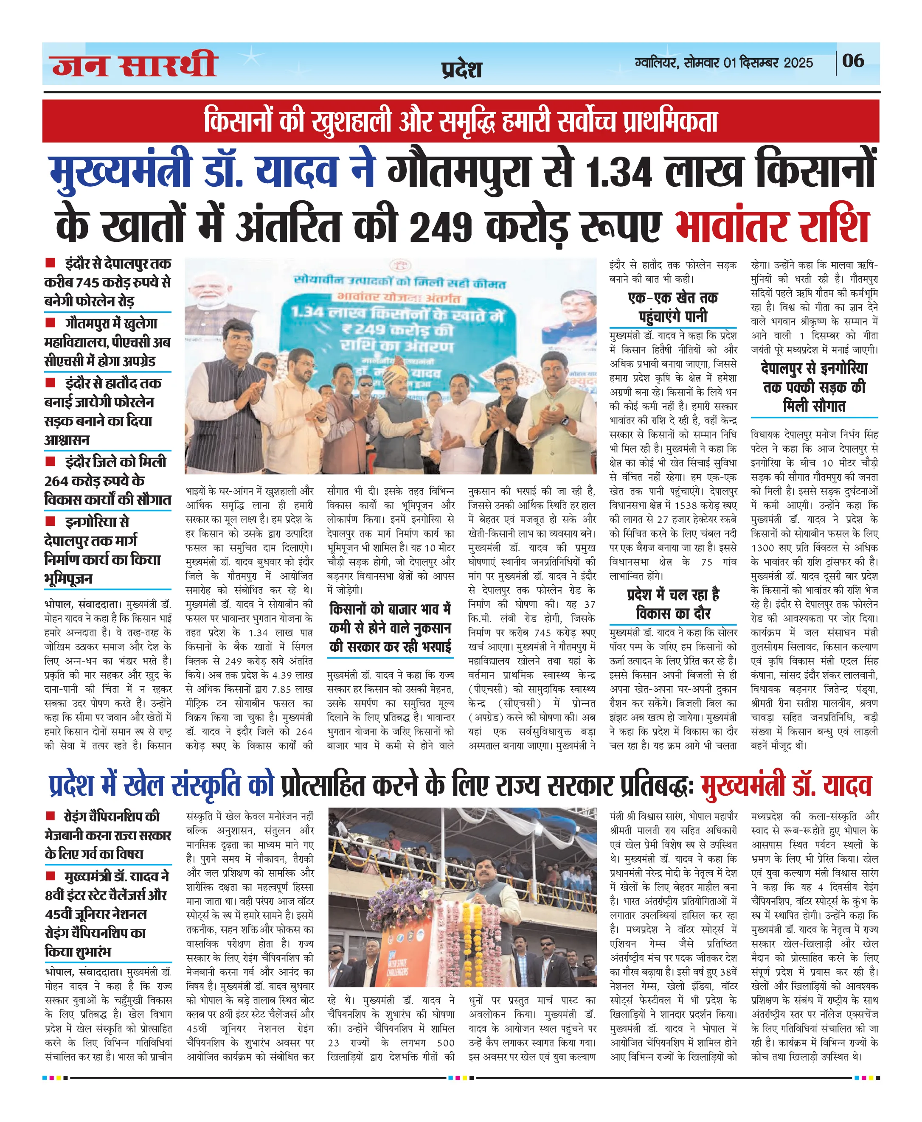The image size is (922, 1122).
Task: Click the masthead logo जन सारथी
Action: pos(135,65)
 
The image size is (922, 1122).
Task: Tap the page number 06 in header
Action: pos(853,61)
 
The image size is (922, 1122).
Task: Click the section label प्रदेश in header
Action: pos(461,70)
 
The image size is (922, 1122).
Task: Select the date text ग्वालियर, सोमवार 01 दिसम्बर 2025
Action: pos(723,63)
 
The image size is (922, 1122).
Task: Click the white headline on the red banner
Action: pos(461,121)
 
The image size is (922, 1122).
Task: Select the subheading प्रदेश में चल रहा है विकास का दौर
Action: pos(672,604)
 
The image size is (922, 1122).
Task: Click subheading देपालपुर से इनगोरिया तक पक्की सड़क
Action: pos(814,387)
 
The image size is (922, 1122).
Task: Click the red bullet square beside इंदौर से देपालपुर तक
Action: pos(51,262)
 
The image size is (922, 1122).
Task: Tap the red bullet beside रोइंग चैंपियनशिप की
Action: pos(51,816)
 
